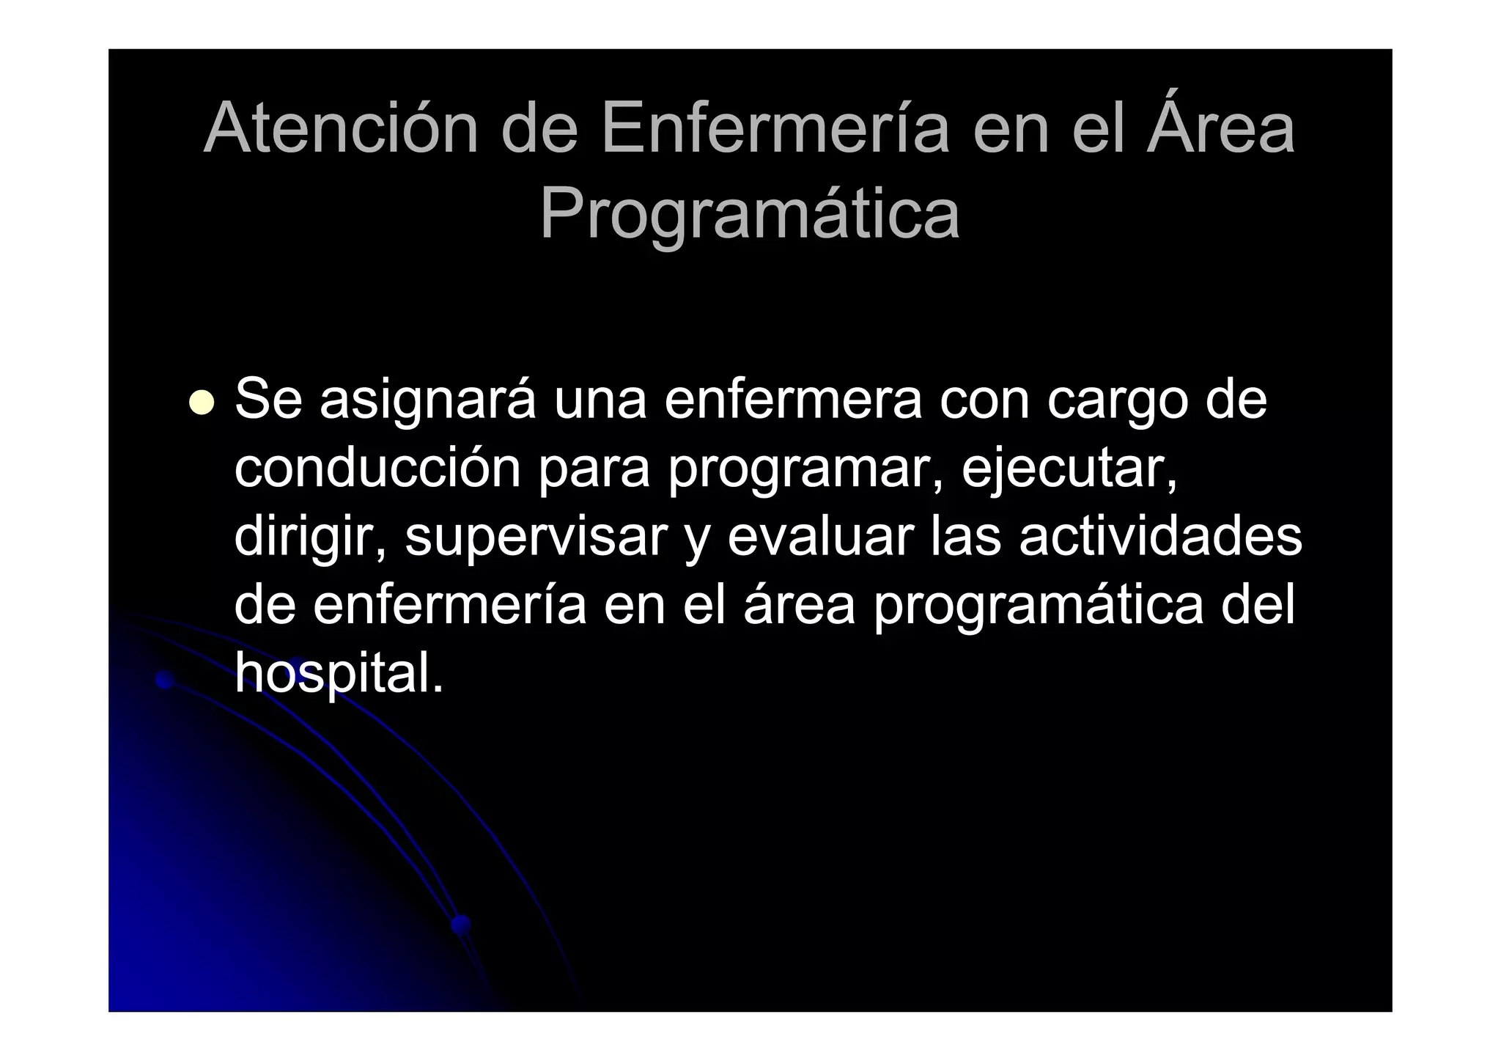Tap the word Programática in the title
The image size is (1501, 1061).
click(x=749, y=213)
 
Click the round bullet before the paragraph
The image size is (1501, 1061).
click(x=201, y=402)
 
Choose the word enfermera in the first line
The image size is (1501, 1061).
click(x=793, y=400)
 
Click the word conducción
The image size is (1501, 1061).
click(x=377, y=469)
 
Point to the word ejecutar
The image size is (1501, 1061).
click(x=1069, y=469)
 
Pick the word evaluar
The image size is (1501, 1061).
click(x=821, y=536)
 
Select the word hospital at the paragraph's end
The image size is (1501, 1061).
click(x=339, y=674)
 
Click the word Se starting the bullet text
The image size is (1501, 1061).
click(x=268, y=400)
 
